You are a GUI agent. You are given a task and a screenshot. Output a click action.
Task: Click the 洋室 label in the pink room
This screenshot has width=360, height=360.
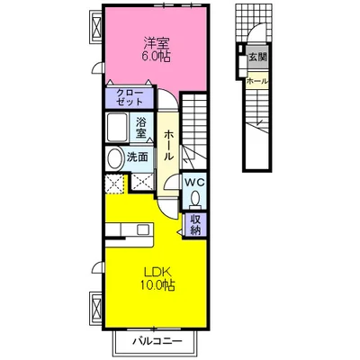click(157, 43)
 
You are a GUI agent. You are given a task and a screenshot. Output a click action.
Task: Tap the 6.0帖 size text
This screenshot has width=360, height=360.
click(157, 56)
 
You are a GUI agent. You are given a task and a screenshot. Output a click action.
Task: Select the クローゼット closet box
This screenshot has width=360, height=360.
click(130, 97)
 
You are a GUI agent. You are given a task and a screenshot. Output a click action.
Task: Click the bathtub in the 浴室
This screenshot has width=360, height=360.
click(117, 127)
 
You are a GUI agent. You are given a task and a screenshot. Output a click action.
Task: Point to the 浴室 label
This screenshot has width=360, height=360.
click(141, 128)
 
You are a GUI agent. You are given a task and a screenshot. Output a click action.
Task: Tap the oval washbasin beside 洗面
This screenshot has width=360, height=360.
click(114, 158)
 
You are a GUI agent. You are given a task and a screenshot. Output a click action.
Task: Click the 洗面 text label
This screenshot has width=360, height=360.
click(137, 157)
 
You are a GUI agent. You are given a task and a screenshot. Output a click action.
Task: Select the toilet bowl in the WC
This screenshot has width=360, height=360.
click(195, 199)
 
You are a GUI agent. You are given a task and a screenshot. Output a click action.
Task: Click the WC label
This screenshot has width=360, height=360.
click(194, 182)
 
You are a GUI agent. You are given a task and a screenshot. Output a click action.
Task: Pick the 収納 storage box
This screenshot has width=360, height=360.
click(195, 225)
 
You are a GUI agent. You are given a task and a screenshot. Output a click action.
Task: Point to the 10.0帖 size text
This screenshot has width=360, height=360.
click(157, 285)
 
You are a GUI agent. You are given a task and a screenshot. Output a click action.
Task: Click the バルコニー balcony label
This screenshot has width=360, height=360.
click(157, 341)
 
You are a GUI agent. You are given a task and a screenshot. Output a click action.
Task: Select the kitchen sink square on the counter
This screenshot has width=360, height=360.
click(143, 229)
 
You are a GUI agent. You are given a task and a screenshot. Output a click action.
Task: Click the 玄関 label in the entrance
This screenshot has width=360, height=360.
click(257, 57)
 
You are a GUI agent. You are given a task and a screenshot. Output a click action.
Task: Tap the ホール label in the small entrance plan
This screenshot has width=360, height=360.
click(257, 81)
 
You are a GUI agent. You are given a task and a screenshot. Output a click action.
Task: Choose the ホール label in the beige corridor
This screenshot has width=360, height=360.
click(168, 145)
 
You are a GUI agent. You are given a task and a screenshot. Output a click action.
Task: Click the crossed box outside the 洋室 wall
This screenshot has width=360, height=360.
click(96, 27)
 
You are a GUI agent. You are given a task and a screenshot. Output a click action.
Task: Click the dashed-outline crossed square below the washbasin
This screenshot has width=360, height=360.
click(114, 184)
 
